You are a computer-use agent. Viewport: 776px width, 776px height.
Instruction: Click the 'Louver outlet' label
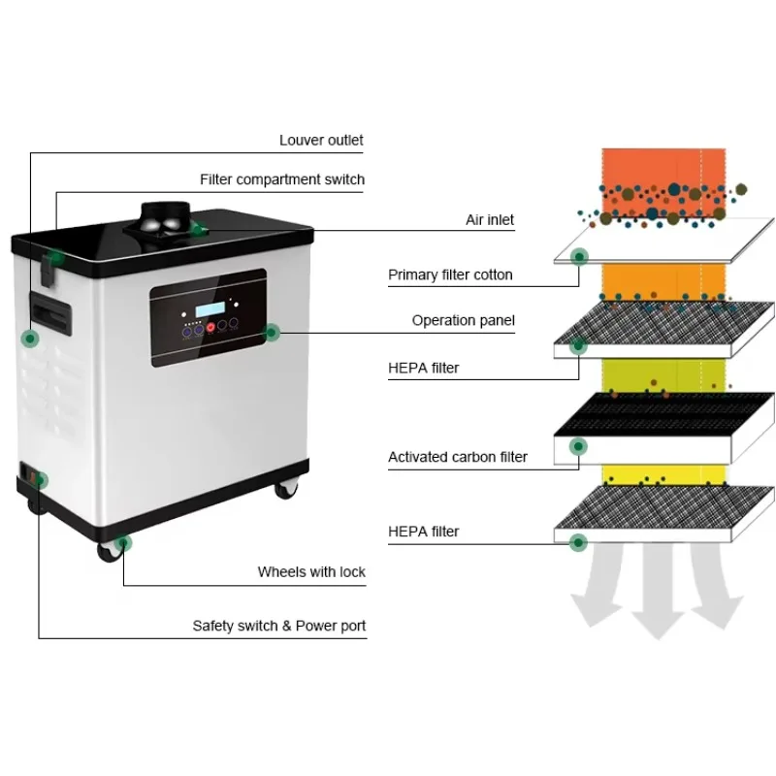(x=321, y=141)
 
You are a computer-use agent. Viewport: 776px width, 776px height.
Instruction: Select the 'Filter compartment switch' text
(x=282, y=179)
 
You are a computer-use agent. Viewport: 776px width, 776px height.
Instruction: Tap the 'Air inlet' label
(x=490, y=220)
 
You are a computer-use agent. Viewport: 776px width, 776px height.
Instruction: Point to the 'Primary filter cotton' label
(x=450, y=275)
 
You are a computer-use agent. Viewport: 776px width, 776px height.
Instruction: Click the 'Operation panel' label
(x=464, y=321)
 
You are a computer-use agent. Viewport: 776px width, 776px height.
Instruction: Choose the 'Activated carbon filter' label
(x=457, y=457)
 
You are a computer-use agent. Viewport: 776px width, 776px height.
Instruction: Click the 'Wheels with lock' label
(x=311, y=572)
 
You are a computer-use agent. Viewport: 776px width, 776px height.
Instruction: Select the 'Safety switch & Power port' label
(x=279, y=626)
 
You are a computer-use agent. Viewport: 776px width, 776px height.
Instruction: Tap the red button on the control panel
(x=210, y=327)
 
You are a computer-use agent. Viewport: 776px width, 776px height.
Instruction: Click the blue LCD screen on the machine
(x=210, y=309)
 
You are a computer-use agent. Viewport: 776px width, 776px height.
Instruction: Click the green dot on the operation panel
(x=272, y=333)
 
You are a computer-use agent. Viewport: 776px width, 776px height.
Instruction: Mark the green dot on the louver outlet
(x=30, y=339)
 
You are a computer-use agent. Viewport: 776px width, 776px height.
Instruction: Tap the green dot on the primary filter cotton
(x=579, y=257)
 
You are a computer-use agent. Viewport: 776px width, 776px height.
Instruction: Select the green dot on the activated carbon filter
(x=578, y=446)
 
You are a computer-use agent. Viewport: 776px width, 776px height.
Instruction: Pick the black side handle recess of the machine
(x=50, y=313)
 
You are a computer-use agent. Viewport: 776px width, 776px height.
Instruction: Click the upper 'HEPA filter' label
(x=423, y=369)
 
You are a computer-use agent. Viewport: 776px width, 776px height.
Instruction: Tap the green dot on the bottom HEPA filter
(x=578, y=543)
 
